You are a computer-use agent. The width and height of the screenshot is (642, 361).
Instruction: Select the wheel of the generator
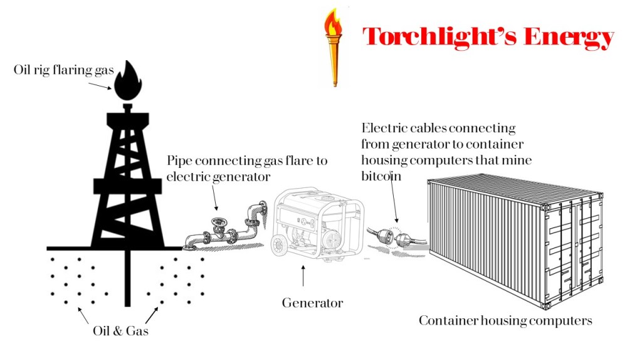pos(280,246)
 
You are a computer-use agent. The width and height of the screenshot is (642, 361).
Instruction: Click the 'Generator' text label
pos(312,303)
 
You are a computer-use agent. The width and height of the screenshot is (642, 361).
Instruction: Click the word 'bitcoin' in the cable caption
pos(381,176)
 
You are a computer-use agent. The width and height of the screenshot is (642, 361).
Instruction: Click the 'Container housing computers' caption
pos(505,321)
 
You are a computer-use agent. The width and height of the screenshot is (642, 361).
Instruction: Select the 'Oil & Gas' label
pos(120,331)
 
